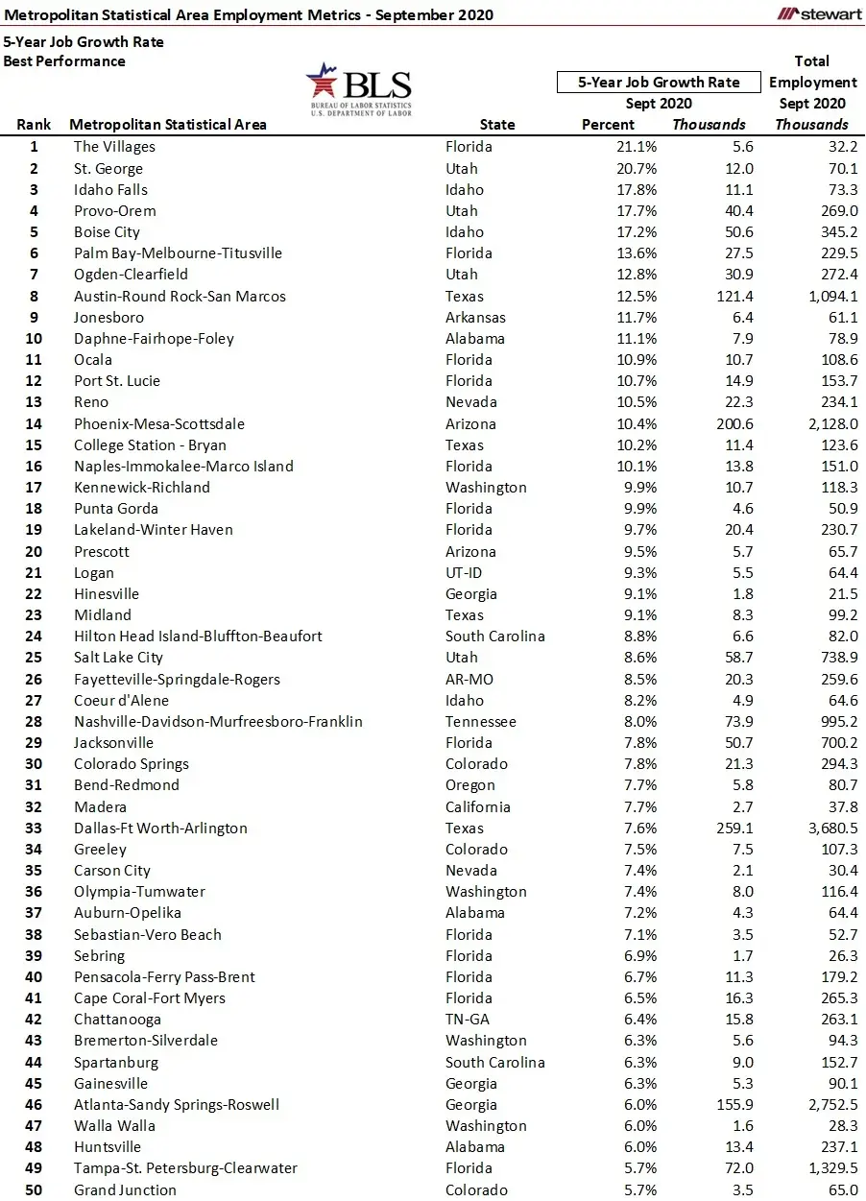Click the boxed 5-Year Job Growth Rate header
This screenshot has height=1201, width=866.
659,83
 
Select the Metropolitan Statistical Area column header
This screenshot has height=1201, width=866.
168,125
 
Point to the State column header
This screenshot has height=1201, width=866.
497,125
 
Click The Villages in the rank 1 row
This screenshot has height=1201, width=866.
114,147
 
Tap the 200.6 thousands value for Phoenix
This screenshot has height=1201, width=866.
732,423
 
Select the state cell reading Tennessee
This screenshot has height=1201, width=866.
480,721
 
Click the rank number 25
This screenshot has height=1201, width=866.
34,658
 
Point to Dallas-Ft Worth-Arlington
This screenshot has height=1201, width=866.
160,828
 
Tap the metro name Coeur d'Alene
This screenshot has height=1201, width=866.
121,700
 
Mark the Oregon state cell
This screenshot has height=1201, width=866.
470,785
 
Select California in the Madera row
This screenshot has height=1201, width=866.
477,806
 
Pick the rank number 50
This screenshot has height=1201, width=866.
34,1189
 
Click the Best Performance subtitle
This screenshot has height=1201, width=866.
64,61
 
